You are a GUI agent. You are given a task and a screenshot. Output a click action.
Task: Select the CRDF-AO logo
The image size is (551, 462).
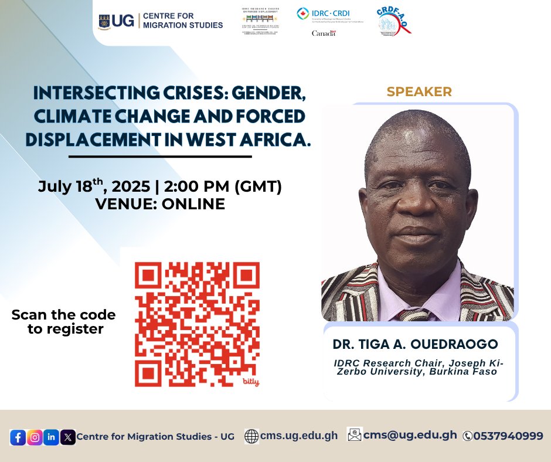pyautogui.click(x=393, y=22)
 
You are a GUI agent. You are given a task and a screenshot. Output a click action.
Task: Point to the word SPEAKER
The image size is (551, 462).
pyautogui.click(x=419, y=91)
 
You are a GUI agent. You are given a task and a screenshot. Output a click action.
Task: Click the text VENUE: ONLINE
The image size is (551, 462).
pyautogui.click(x=160, y=204)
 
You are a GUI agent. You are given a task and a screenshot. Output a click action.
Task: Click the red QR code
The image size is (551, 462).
pyautogui.click(x=197, y=324)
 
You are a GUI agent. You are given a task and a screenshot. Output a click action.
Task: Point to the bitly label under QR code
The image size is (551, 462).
pyautogui.click(x=250, y=382)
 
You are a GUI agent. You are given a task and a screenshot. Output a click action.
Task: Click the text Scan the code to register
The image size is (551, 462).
pyautogui.click(x=63, y=322)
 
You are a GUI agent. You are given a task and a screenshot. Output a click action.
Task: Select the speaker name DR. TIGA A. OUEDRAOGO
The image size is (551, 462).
pyautogui.click(x=415, y=344)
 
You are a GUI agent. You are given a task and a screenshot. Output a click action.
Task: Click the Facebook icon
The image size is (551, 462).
pyautogui.click(x=18, y=437)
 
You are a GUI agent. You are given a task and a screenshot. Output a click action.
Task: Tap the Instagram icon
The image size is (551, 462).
pyautogui.click(x=35, y=437)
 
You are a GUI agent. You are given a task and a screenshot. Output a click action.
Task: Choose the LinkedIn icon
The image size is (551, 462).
pyautogui.click(x=52, y=437)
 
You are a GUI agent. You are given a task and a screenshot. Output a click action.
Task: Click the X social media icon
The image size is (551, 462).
pyautogui.click(x=68, y=437)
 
